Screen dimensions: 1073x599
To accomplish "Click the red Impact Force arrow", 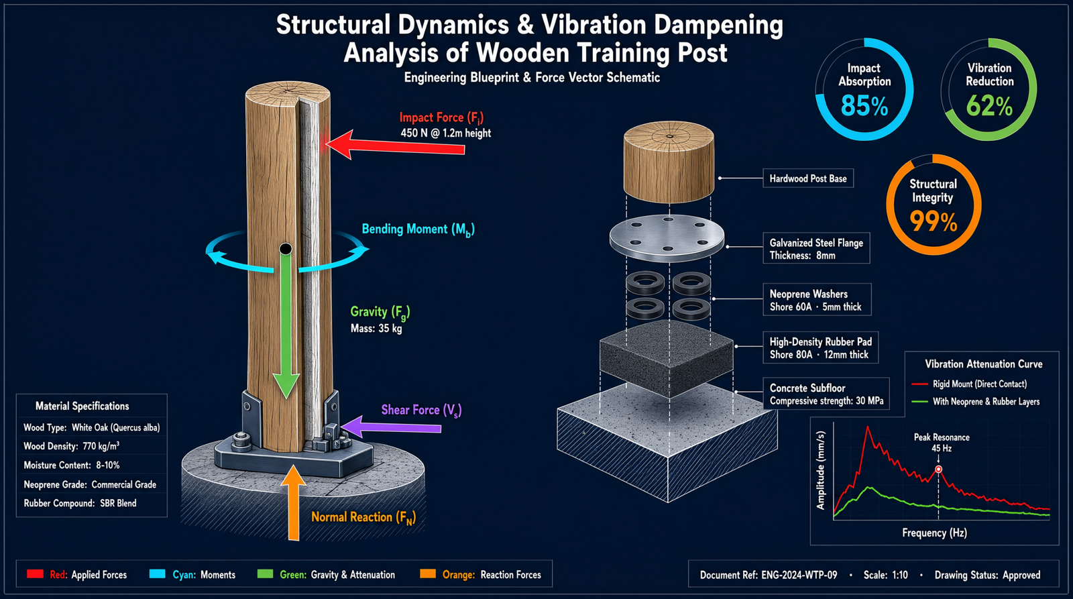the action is [x=395, y=145].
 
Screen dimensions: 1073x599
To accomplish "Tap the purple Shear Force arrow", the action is [x=391, y=426].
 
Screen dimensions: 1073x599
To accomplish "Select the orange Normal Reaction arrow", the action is [x=293, y=502].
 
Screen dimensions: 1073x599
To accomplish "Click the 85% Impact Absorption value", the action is [x=864, y=106].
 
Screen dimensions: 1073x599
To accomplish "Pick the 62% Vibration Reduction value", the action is [x=989, y=106].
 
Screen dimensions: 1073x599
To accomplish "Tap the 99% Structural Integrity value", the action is [x=933, y=222].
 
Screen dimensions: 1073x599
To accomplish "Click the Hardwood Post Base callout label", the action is [x=808, y=178].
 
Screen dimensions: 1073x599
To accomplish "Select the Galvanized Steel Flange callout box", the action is [x=816, y=248].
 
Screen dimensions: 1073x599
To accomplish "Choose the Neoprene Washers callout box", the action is [x=817, y=300].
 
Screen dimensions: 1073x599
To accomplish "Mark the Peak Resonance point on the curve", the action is [x=938, y=470].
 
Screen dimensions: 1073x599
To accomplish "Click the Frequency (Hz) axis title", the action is [x=935, y=533].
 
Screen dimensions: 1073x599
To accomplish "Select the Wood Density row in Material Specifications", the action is [x=71, y=446].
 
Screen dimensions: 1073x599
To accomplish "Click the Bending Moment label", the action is [x=418, y=230].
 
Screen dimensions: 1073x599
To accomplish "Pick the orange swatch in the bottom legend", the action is [x=428, y=574].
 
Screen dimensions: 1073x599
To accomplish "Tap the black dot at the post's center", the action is [x=286, y=249].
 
